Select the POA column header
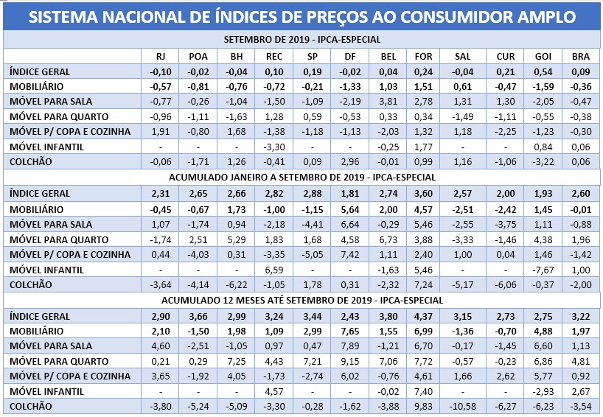click(198, 56)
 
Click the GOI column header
click(536, 56)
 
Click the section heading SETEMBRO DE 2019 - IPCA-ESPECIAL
click(301, 40)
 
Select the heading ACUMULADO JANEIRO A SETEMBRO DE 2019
click(301, 177)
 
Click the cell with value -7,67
click(536, 270)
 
